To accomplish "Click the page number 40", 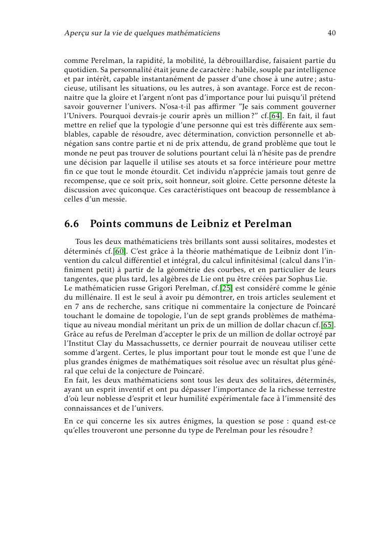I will click(331, 33).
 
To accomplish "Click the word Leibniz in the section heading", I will click(211, 224).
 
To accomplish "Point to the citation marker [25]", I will click(226, 288).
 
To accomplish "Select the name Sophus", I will click(293, 279).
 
